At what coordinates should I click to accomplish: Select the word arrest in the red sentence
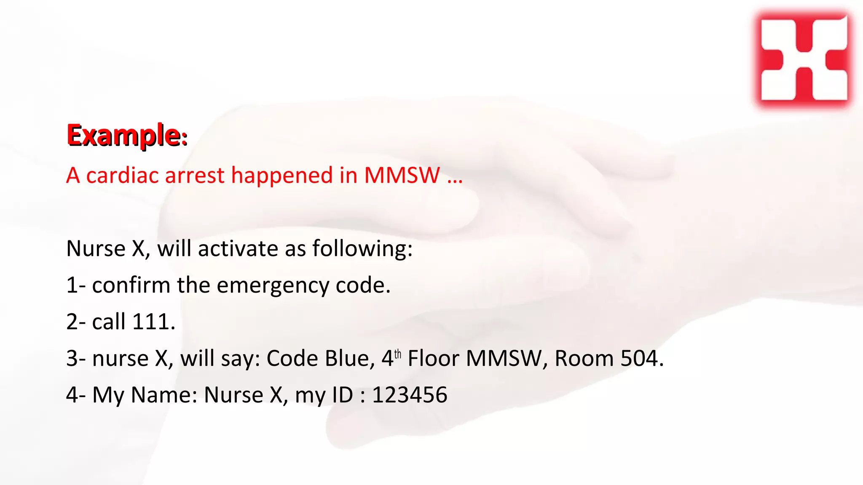point(195,175)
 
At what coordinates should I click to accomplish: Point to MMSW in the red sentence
point(402,175)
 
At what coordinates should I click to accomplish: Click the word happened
point(282,175)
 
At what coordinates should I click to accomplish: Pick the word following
point(362,248)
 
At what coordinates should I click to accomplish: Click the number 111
point(153,322)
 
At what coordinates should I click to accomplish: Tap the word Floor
point(433,358)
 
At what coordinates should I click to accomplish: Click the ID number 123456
point(409,395)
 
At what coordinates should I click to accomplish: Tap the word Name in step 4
point(164,395)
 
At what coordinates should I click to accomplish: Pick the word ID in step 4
point(342,395)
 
